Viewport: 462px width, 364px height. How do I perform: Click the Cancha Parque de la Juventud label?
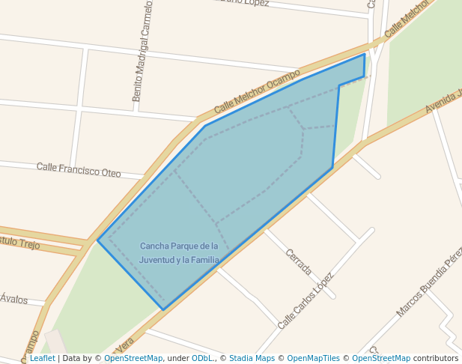179,252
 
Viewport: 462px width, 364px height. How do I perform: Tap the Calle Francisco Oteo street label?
79,169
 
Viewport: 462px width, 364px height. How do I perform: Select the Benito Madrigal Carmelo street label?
142,50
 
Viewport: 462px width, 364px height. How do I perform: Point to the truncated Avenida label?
444,102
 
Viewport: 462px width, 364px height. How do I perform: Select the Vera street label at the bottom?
124,345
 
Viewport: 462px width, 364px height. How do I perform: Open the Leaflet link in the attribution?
43,359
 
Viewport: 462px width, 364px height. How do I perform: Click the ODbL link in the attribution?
201,359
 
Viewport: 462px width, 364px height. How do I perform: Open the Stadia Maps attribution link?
252,359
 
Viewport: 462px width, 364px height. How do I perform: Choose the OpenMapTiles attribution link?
314,359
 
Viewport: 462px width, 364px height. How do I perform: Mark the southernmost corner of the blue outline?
164,309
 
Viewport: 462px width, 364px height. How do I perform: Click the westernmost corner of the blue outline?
98,240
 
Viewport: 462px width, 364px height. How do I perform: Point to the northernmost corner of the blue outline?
365,54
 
